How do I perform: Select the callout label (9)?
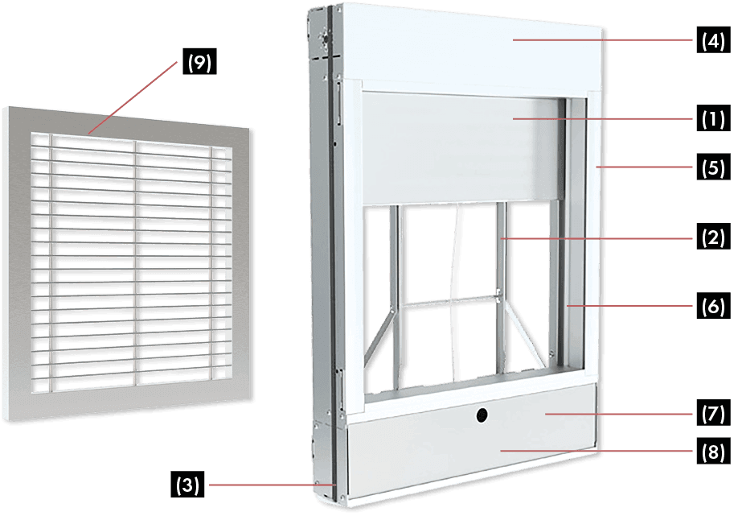199,64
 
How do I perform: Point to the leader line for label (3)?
265,485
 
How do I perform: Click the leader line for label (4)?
603,39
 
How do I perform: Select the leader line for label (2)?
595,238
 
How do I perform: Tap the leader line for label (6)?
631,307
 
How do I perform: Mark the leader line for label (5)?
643,167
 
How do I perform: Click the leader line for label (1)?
603,119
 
